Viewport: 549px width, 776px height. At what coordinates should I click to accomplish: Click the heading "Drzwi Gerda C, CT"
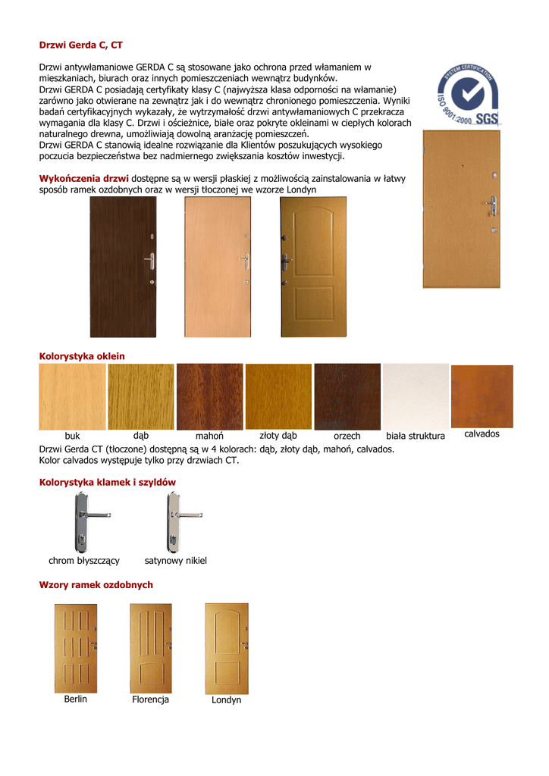pos(80,45)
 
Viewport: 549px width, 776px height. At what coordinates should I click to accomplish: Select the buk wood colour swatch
pos(72,397)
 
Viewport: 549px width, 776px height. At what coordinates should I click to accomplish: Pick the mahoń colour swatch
pos(209,397)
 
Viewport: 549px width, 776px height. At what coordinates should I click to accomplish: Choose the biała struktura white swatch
pos(416,397)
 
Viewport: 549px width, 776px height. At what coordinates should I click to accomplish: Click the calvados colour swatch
pos(482,396)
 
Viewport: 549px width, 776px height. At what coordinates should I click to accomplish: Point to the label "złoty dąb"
pos(278,436)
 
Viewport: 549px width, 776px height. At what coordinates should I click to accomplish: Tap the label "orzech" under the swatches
pos(347,436)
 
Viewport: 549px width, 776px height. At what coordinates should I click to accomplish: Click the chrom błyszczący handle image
pos(81,522)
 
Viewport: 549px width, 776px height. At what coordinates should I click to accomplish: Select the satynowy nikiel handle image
pos(174,522)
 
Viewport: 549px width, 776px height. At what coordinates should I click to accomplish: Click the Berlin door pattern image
pos(76,648)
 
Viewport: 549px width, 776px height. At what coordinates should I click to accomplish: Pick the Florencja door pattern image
pos(151,648)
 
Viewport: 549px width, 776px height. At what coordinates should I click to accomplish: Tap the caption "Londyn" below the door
pos(227,700)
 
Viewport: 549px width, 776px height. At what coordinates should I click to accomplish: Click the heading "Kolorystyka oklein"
pos(82,356)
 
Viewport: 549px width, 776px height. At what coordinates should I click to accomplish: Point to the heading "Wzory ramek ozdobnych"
pos(96,585)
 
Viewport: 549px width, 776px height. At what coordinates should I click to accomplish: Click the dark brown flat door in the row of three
pos(123,267)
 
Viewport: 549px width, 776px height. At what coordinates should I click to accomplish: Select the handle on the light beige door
pos(245,261)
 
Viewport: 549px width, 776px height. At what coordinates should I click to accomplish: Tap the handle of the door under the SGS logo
pos(492,205)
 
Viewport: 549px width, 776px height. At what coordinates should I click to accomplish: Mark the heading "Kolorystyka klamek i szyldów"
pos(107,482)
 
